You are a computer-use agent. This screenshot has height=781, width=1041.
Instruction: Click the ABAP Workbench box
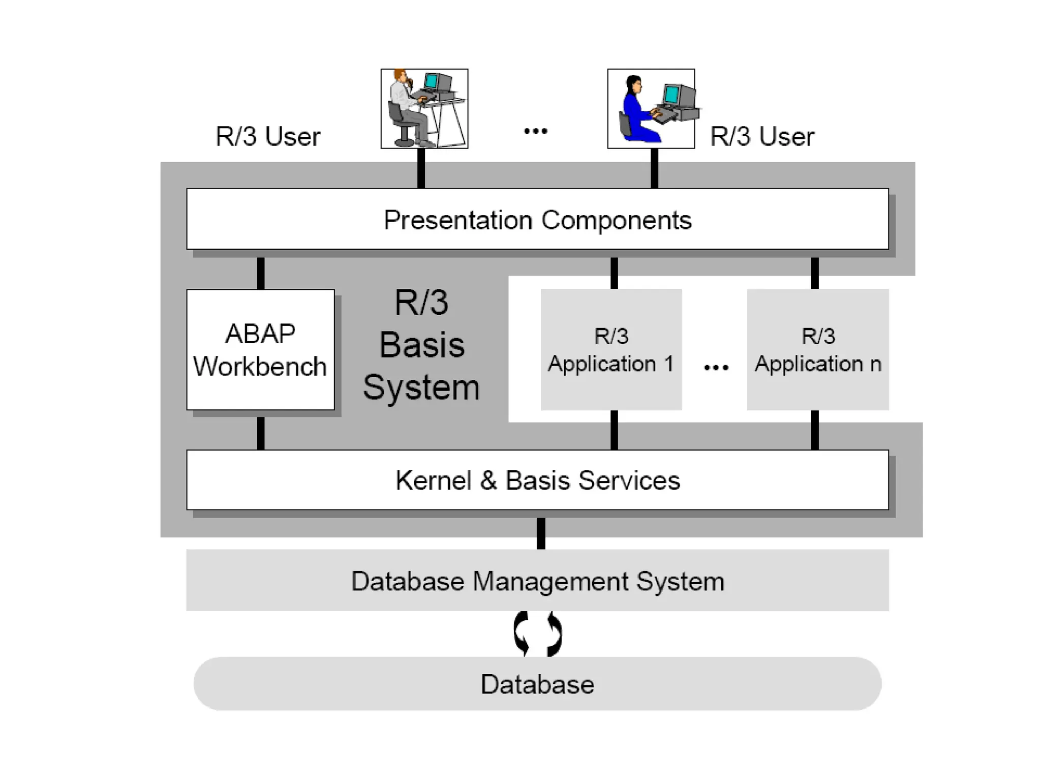pyautogui.click(x=260, y=350)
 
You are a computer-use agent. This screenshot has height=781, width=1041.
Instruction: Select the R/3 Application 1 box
pyautogui.click(x=611, y=350)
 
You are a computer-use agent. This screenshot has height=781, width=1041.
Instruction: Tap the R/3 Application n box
pyautogui.click(x=817, y=350)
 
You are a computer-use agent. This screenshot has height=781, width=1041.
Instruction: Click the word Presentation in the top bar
pyautogui.click(x=458, y=220)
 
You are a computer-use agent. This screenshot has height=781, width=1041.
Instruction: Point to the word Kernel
pyautogui.click(x=433, y=480)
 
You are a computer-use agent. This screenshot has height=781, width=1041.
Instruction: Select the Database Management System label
pyautogui.click(x=537, y=581)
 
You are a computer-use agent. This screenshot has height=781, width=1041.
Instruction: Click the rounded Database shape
pyautogui.click(x=537, y=684)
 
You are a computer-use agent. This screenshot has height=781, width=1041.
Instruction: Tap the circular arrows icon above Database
pyautogui.click(x=538, y=634)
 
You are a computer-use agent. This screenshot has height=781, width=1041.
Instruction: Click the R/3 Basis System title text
pyautogui.click(x=421, y=345)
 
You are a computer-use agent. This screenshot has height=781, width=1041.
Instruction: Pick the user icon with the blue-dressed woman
pyautogui.click(x=651, y=109)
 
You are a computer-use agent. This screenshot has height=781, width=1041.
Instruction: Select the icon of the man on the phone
pyautogui.click(x=424, y=109)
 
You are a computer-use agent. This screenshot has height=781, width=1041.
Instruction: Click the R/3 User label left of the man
pyautogui.click(x=268, y=136)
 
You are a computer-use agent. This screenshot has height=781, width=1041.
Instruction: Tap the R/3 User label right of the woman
pyautogui.click(x=762, y=136)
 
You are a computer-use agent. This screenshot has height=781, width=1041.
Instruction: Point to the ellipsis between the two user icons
pyautogui.click(x=536, y=131)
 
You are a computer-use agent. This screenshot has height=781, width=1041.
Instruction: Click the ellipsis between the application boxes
pyautogui.click(x=716, y=367)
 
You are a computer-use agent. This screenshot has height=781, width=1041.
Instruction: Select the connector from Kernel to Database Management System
pyautogui.click(x=541, y=533)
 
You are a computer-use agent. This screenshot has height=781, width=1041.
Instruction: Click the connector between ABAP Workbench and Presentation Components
pyautogui.click(x=261, y=273)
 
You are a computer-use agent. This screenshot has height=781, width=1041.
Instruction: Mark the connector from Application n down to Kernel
pyautogui.click(x=815, y=430)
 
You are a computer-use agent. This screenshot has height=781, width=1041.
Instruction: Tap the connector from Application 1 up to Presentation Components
pyautogui.click(x=614, y=273)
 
